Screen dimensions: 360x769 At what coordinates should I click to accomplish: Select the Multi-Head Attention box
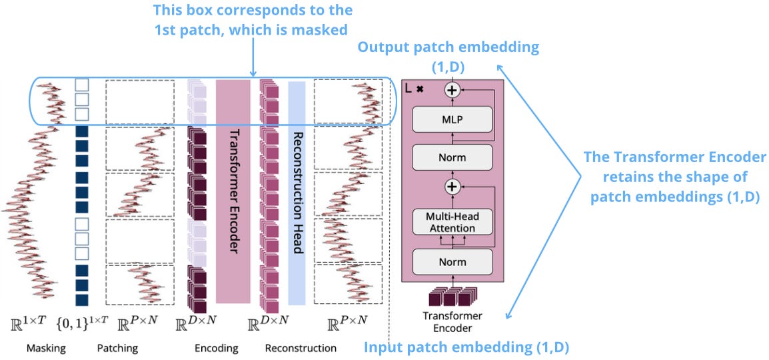click(452, 222)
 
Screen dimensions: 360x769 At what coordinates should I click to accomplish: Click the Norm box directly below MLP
click(452, 158)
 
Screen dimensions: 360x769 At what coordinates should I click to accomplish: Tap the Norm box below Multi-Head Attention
click(452, 261)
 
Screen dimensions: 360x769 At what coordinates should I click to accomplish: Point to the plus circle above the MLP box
click(452, 89)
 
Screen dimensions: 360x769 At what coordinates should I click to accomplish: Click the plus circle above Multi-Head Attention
click(452, 187)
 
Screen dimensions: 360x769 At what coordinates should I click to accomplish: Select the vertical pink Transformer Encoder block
click(233, 191)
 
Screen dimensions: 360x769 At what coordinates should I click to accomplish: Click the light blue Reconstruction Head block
click(297, 191)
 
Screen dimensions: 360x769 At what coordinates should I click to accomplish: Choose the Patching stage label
click(117, 348)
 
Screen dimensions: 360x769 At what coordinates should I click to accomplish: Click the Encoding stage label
click(216, 348)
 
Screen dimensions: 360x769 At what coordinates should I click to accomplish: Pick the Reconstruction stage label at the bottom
click(301, 348)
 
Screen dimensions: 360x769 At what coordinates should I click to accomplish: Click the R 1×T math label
click(27, 323)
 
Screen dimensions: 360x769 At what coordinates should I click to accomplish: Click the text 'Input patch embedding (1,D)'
click(466, 347)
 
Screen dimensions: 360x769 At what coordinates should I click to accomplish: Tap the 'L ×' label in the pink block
click(415, 87)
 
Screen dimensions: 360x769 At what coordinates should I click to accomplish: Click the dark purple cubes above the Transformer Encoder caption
click(452, 296)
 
